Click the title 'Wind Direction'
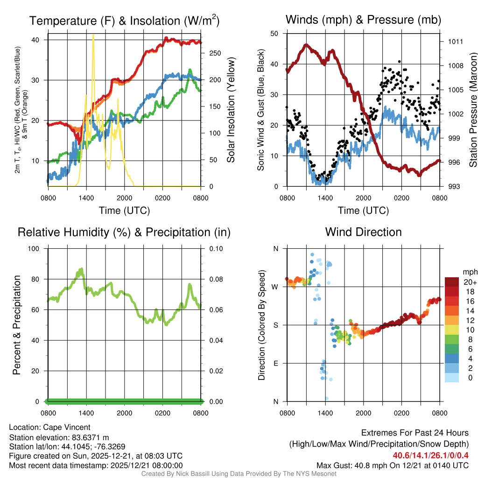[363, 232]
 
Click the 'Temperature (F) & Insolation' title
[124, 21]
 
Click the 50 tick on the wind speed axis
[274, 34]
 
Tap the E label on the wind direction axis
[275, 363]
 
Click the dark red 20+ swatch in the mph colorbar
[452, 282]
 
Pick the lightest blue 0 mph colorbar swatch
[452, 378]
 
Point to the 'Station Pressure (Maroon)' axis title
[473, 110]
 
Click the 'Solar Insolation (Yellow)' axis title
[231, 110]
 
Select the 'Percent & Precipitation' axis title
[16, 325]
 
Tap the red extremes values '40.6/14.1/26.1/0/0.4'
[430, 456]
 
